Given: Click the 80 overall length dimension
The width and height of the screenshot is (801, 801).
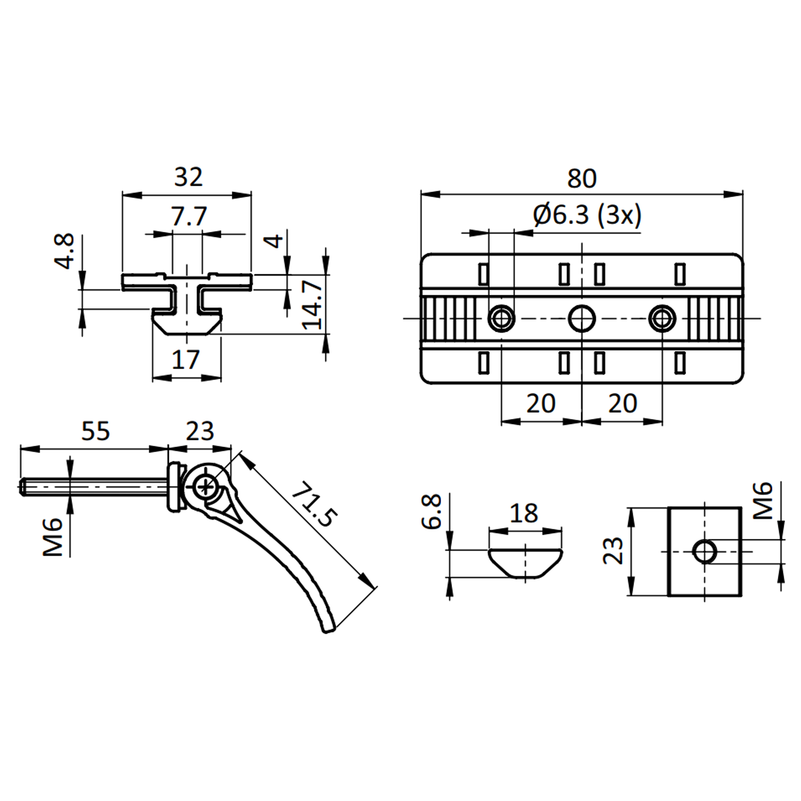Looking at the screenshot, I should pyautogui.click(x=582, y=179).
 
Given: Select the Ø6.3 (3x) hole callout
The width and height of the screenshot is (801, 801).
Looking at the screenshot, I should pyautogui.click(x=587, y=216).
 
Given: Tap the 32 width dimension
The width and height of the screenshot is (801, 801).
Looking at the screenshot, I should pyautogui.click(x=188, y=177).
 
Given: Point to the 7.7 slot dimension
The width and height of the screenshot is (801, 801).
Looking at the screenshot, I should pyautogui.click(x=189, y=216).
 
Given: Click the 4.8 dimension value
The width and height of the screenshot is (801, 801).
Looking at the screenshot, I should pyautogui.click(x=65, y=251).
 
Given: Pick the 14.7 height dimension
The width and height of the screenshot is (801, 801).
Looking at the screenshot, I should pyautogui.click(x=312, y=305).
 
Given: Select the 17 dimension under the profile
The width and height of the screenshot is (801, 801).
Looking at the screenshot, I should pyautogui.click(x=186, y=359).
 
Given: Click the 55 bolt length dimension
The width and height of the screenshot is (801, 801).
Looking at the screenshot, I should pyautogui.click(x=95, y=431).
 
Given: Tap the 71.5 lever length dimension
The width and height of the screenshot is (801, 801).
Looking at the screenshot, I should pyautogui.click(x=313, y=505).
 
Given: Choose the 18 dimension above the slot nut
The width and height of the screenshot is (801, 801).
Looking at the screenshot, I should pyautogui.click(x=524, y=513).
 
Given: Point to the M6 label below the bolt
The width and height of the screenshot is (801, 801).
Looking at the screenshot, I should pyautogui.click(x=53, y=537).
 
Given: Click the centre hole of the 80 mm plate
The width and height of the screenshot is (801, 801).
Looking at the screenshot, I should pyautogui.click(x=582, y=318).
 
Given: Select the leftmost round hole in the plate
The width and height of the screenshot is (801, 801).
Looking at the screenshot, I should pyautogui.click(x=502, y=318).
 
